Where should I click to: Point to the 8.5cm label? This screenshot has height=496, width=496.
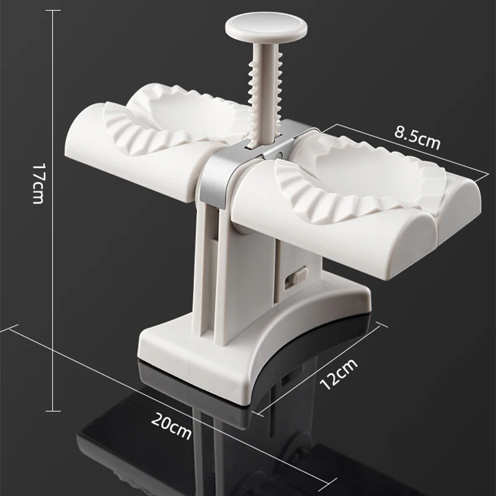[418, 136]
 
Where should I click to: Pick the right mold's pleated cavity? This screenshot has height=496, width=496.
[360, 180]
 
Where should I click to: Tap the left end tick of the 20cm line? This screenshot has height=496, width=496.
[6, 329]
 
